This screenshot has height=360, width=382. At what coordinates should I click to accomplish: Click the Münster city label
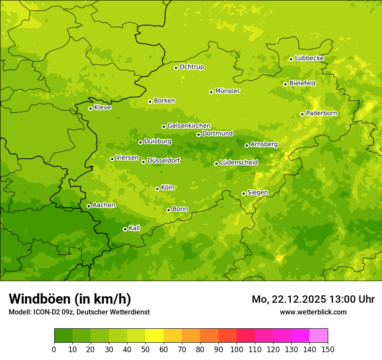[x=227, y=91]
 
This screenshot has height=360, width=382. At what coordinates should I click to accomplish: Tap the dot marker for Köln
[x=157, y=189]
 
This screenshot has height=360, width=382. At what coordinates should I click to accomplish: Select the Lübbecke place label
[x=309, y=58]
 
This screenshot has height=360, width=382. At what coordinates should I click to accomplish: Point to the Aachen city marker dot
[x=89, y=206]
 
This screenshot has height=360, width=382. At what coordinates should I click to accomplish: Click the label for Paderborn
[x=321, y=113]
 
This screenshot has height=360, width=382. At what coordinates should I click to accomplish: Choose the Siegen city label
[x=257, y=193]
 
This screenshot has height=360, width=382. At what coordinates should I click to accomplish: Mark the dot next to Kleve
[x=90, y=108]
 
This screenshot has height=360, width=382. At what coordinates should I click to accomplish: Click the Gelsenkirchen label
[x=189, y=126]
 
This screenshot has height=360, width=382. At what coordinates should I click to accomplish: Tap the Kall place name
[x=134, y=228]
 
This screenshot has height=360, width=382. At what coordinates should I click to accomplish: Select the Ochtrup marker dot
[x=176, y=67]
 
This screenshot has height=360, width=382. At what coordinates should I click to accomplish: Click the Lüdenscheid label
[x=239, y=163]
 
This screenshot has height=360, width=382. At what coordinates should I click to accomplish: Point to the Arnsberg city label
[x=264, y=144]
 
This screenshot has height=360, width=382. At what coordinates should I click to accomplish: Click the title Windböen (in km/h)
[x=70, y=299]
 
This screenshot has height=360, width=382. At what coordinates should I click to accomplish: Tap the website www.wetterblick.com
[x=313, y=312]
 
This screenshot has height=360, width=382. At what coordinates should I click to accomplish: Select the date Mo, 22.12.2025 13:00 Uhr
[x=313, y=299]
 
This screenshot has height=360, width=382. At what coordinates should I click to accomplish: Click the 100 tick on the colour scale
[x=237, y=349]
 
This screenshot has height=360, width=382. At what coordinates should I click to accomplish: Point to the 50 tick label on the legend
[x=145, y=349]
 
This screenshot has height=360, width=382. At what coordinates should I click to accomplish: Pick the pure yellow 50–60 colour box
[x=155, y=336]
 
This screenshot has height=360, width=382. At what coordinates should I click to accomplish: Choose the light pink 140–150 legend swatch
[x=319, y=336]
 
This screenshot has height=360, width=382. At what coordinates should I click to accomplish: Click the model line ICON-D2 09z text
[x=79, y=312]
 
